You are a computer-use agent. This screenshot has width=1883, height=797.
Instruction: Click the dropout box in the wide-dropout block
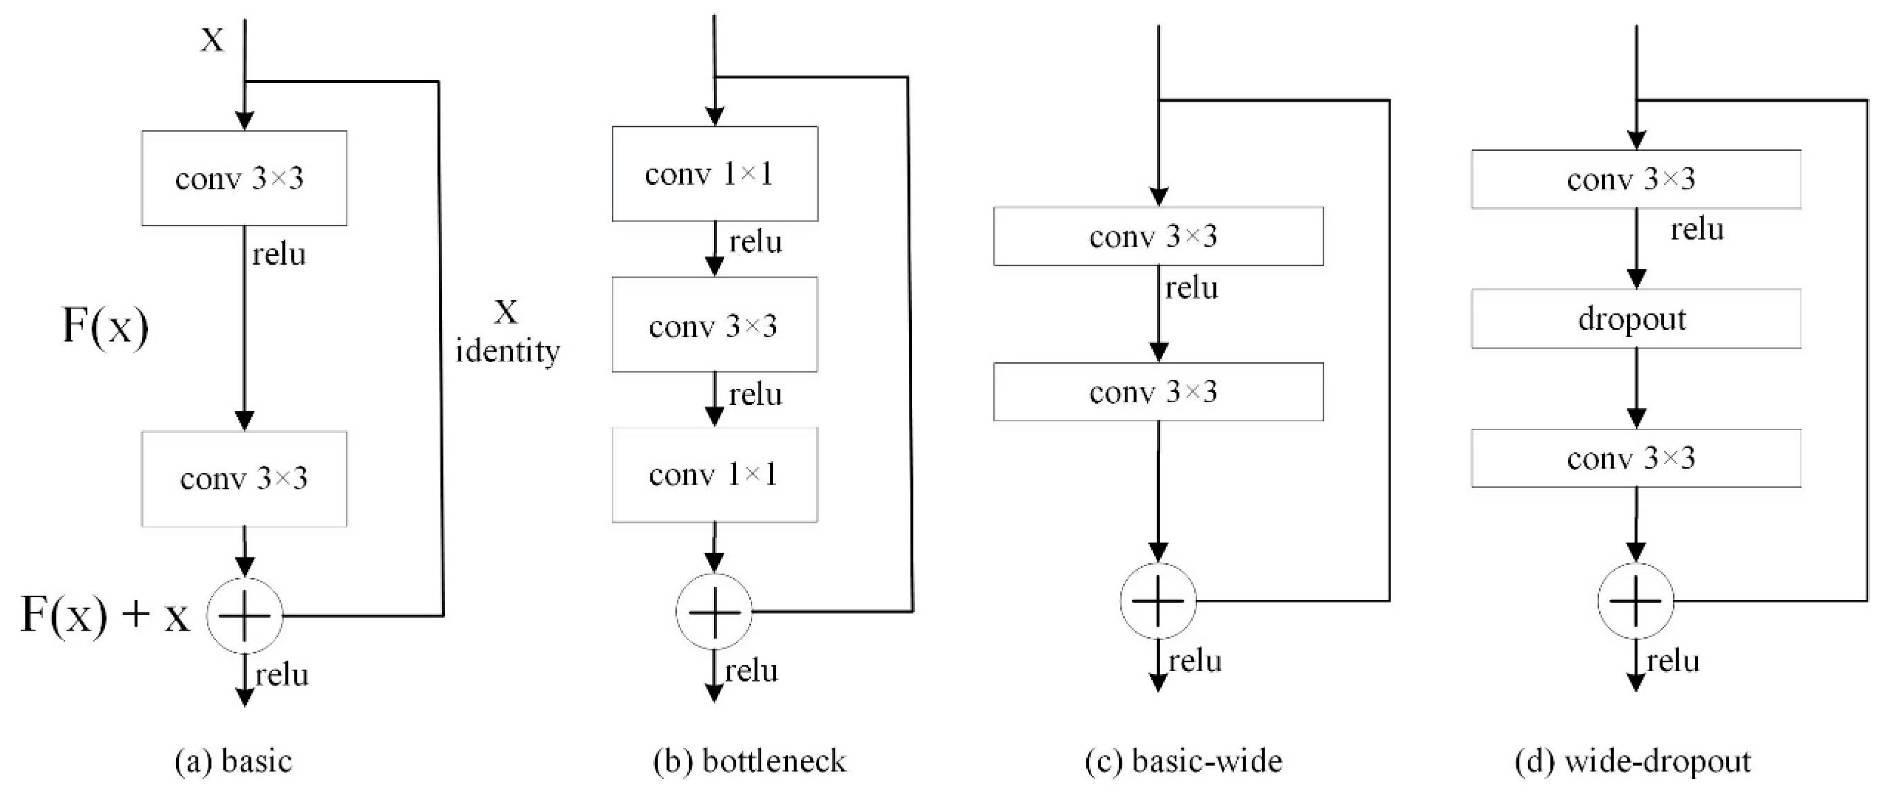coord(1635,318)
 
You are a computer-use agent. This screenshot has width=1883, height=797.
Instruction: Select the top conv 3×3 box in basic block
coord(244,178)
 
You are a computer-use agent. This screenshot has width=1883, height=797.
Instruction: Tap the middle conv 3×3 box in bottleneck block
coord(714,325)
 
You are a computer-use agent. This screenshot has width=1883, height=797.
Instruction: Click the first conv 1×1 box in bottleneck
coord(714,174)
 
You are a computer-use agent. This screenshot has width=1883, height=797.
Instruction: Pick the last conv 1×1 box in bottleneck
coord(714,475)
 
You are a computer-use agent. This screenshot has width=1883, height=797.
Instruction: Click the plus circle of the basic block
coord(245,616)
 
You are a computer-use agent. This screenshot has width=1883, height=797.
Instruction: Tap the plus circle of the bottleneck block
coord(714,612)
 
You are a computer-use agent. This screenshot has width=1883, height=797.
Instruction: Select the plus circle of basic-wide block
coord(1158,601)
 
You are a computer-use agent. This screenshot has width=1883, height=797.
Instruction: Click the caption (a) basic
coord(234,761)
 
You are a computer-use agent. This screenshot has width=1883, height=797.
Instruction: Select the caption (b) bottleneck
coord(749,761)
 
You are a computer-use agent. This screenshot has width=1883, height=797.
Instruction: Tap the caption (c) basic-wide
coord(1184,761)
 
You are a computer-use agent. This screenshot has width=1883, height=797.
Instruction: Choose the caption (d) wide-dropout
coord(1633,761)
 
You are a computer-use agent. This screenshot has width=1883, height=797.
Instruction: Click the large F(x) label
coord(105,326)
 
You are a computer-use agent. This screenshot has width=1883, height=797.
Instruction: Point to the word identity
coord(507,351)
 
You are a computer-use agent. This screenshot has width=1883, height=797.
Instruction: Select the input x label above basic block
coord(212,38)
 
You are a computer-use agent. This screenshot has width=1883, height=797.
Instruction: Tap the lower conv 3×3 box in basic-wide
coord(1158,392)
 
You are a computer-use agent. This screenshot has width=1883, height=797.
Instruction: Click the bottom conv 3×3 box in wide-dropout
coord(1635,458)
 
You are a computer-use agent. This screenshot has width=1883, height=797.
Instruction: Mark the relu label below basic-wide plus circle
coord(1194,661)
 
